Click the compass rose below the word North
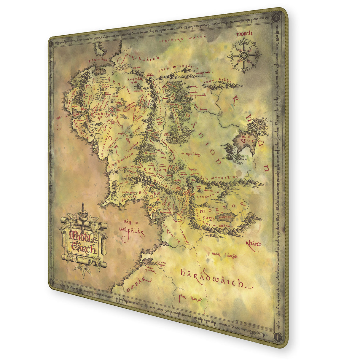click(x=244, y=55)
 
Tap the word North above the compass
click(x=244, y=34)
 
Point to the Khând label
click(x=253, y=244)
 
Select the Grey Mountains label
click(x=178, y=68)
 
